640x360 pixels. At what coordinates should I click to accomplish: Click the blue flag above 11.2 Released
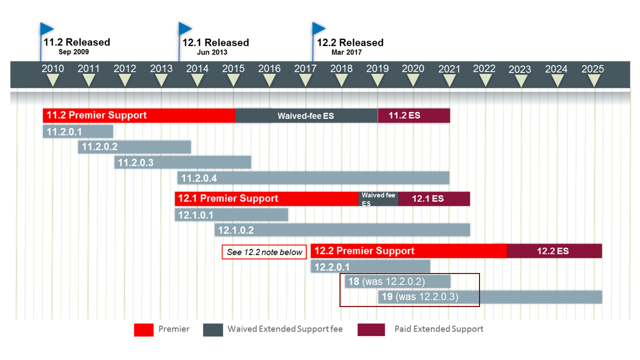pyautogui.click(x=47, y=28)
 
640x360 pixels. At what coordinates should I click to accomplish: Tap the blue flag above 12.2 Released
pyautogui.click(x=319, y=28)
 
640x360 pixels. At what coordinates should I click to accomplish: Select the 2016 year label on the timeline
pyautogui.click(x=269, y=69)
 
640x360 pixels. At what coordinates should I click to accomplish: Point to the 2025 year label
pyautogui.click(x=592, y=69)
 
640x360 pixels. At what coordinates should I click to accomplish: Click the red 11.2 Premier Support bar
pyautogui.click(x=138, y=115)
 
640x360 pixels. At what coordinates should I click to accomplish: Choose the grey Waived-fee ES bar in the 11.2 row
pyautogui.click(x=306, y=115)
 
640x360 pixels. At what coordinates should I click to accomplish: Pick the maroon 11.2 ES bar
pyautogui.click(x=413, y=115)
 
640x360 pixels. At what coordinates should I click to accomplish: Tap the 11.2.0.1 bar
pyautogui.click(x=78, y=131)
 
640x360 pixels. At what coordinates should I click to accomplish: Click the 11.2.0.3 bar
pyautogui.click(x=182, y=162)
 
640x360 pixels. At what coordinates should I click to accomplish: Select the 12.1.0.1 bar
pyautogui.click(x=231, y=214)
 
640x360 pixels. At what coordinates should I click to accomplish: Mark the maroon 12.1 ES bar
pyautogui.click(x=433, y=198)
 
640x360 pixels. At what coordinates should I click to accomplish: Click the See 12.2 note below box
pyautogui.click(x=264, y=252)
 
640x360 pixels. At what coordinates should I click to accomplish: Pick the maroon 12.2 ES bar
pyautogui.click(x=554, y=251)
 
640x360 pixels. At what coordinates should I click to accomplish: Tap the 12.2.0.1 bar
pyautogui.click(x=370, y=266)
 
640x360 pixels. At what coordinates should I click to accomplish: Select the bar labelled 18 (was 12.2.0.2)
pyautogui.click(x=397, y=281)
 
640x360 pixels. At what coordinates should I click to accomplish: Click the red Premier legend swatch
pyautogui.click(x=143, y=329)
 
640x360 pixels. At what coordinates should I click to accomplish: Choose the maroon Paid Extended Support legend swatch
pyautogui.click(x=371, y=329)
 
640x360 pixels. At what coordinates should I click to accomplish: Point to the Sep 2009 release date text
pyautogui.click(x=73, y=52)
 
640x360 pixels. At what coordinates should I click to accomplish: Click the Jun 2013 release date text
pyautogui.click(x=212, y=52)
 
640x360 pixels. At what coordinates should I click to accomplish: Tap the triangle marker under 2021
pyautogui.click(x=449, y=80)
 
